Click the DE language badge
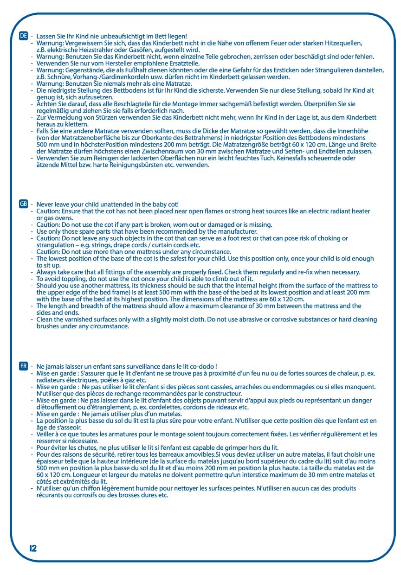[x=23, y=36]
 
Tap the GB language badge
[x=23, y=204]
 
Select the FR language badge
[x=23, y=366]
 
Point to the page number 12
[x=33, y=548]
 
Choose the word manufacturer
[x=235, y=231]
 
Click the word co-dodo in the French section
[x=201, y=366]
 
